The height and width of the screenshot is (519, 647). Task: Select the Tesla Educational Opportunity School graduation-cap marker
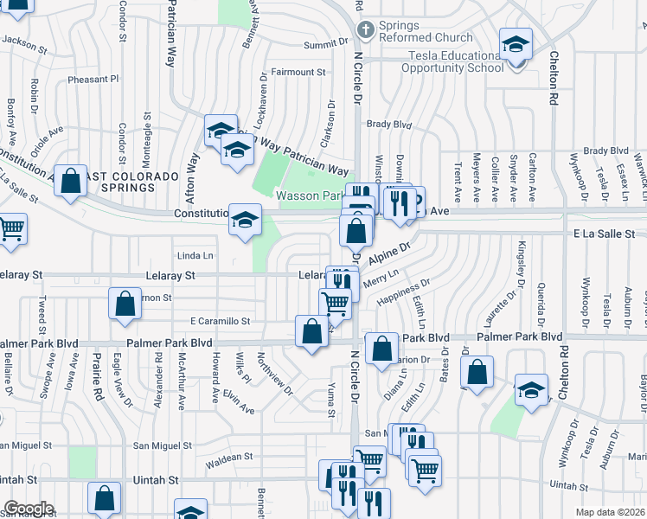pyautogui.click(x=516, y=45)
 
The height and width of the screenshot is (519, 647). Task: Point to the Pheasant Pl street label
pyautogui.click(x=93, y=79)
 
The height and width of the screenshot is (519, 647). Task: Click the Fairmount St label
pyautogui.click(x=298, y=72)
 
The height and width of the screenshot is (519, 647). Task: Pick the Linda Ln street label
pyautogui.click(x=195, y=256)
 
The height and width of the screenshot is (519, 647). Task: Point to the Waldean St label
pyautogui.click(x=229, y=457)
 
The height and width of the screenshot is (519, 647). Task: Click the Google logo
pyautogui.click(x=29, y=509)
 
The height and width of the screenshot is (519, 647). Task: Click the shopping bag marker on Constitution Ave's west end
pyautogui.click(x=71, y=182)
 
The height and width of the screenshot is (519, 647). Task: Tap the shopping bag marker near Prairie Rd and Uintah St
pyautogui.click(x=104, y=498)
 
